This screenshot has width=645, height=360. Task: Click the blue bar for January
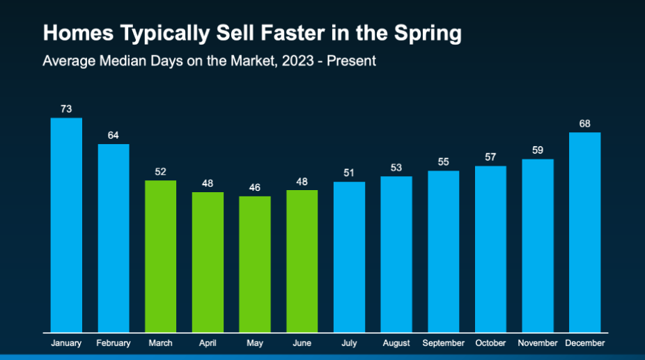[66, 225]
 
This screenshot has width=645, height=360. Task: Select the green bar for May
[255, 264]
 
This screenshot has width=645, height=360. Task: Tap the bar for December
[584, 232]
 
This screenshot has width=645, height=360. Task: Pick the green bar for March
[160, 256]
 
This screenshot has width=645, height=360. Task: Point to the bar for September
[444, 251]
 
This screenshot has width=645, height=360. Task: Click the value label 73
[66, 109]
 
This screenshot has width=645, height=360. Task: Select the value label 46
[255, 187]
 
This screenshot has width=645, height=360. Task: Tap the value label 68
[584, 123]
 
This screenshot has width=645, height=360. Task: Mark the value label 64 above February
[114, 135]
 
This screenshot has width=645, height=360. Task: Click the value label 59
[538, 150]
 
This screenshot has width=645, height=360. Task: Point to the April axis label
[208, 343]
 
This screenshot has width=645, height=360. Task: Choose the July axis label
[349, 343]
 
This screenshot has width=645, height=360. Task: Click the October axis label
[490, 343]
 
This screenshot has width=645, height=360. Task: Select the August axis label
[396, 343]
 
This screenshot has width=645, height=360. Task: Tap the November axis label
[538, 343]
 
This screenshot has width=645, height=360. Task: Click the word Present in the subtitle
[352, 61]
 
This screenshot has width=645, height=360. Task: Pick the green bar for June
[302, 261]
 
